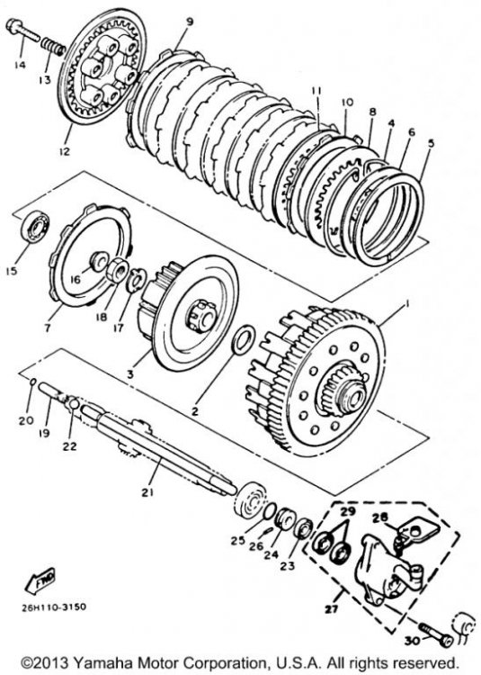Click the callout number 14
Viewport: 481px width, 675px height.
point(20,65)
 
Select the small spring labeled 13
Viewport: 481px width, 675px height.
point(53,47)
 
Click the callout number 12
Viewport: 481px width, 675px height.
point(66,151)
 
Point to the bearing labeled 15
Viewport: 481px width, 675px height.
point(35,228)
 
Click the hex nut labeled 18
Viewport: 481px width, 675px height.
point(117,272)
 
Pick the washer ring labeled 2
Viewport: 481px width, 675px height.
point(244,340)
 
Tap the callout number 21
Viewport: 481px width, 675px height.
point(147,492)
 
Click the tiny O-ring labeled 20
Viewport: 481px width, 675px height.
point(32,382)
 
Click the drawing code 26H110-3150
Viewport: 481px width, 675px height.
point(54,607)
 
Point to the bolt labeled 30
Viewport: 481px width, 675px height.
point(435,635)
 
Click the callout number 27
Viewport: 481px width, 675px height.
point(331,608)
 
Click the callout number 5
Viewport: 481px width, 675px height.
point(431,143)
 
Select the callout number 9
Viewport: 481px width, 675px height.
point(190,22)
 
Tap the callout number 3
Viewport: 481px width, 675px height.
point(130,373)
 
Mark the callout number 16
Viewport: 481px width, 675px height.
point(76,280)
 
